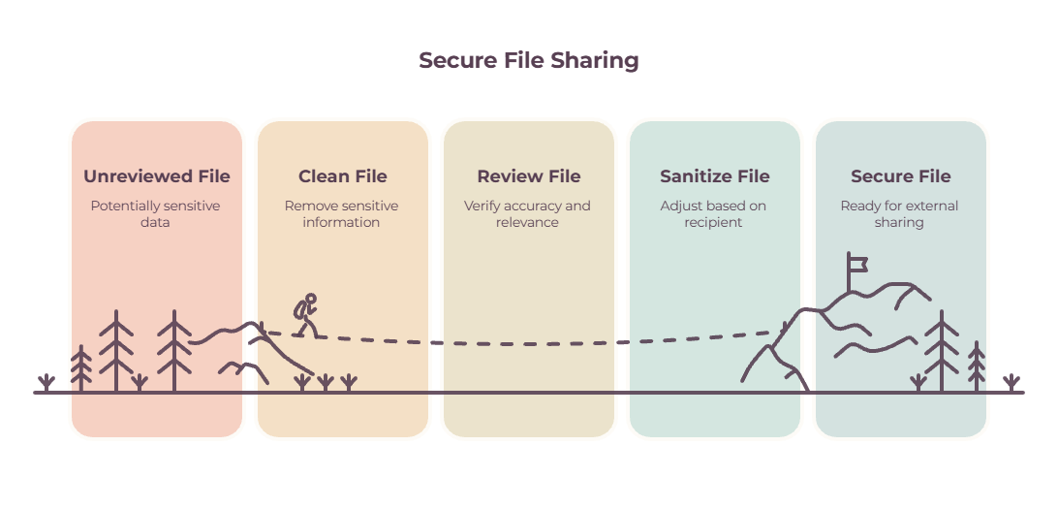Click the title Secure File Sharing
pos(528,60)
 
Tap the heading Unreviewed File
pos(157,176)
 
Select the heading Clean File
pos(343,176)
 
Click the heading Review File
pos(529,176)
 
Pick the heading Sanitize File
pos(715,176)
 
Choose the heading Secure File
pos(901,176)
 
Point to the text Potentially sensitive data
pos(155,213)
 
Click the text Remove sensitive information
pos(341,213)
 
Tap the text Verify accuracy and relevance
pos(527,213)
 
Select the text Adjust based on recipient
pos(713,213)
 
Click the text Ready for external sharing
pos(899,213)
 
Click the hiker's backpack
pos(299,310)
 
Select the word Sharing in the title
pos(595,60)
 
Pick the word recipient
pos(713,222)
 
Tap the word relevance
pos(527,222)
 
